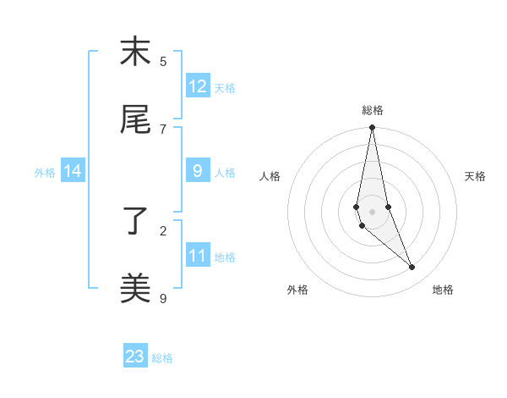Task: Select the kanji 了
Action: pos(135,222)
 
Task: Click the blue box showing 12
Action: pos(198,86)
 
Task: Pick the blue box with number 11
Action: pos(198,256)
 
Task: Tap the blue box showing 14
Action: pos(73,171)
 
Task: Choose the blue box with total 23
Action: pos(135,357)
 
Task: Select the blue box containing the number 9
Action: pos(198,171)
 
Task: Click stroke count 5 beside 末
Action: pos(163,61)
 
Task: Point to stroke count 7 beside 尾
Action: pos(163,129)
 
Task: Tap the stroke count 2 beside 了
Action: pos(163,230)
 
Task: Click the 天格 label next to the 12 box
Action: pos(225,88)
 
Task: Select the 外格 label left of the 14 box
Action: pos(45,173)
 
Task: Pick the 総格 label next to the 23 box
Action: pos(162,358)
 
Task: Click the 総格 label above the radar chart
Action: pos(373,110)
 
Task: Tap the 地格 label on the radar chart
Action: pos(443,290)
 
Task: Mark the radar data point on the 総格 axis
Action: pos(372,128)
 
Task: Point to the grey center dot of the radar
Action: pos(372,212)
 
